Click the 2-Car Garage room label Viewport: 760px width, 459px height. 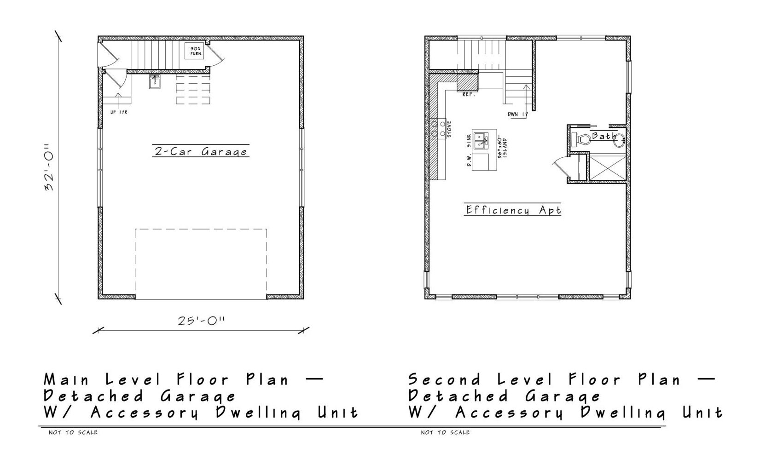click(201, 151)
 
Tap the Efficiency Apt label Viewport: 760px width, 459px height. click(513, 210)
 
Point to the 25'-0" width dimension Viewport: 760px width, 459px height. click(201, 321)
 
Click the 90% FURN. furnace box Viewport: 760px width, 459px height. click(194, 51)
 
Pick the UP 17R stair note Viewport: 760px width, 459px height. click(118, 112)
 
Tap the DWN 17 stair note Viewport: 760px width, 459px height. click(518, 114)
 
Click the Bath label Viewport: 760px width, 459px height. click(604, 136)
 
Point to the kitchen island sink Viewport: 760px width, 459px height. click(481, 140)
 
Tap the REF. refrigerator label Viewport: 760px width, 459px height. click(468, 95)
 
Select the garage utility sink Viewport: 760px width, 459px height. click(155, 82)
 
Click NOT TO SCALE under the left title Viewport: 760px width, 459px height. click(73, 432)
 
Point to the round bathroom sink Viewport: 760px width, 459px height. click(619, 140)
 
